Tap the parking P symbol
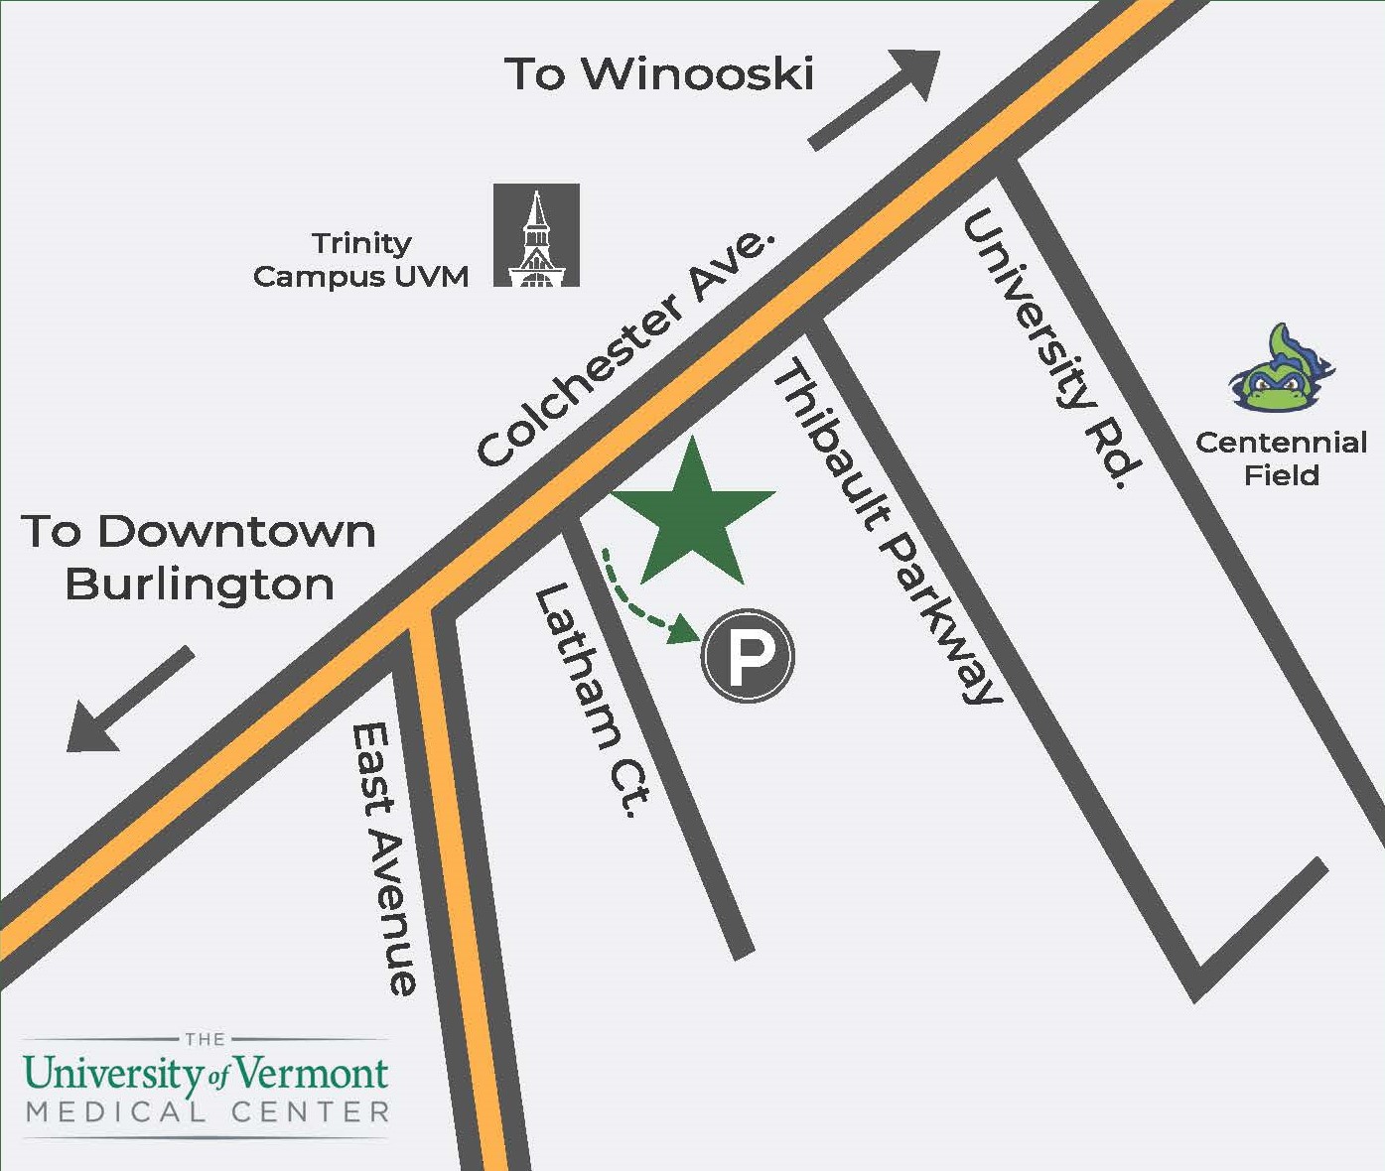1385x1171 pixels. point(748,656)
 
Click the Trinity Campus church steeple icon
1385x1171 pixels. point(537,235)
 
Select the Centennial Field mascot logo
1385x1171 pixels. point(1282,369)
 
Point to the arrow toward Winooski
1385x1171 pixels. point(875,99)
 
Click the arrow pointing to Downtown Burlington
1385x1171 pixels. point(129,700)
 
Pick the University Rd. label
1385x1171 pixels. point(1052,348)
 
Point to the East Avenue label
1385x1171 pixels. point(384,858)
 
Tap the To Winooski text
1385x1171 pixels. point(659,74)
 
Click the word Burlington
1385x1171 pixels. point(200,585)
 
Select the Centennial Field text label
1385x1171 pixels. point(1281,458)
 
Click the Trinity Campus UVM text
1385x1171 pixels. point(361,260)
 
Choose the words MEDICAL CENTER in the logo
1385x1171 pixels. point(208,1112)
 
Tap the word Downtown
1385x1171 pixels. point(236,532)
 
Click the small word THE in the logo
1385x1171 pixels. point(206,1039)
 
